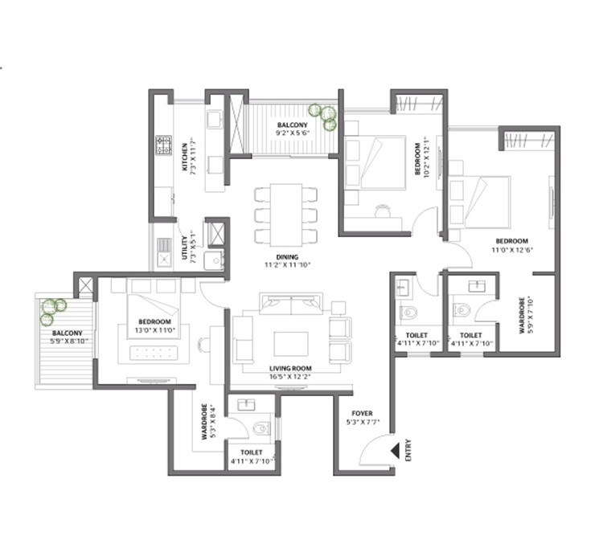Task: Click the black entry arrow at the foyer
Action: pos(394,451)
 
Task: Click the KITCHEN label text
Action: pos(185,153)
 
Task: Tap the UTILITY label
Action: pos(184,241)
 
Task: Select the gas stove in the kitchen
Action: pos(164,145)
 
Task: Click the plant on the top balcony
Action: pos(326,117)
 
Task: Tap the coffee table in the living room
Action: pos(290,342)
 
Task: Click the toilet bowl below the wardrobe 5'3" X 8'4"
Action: pos(260,427)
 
